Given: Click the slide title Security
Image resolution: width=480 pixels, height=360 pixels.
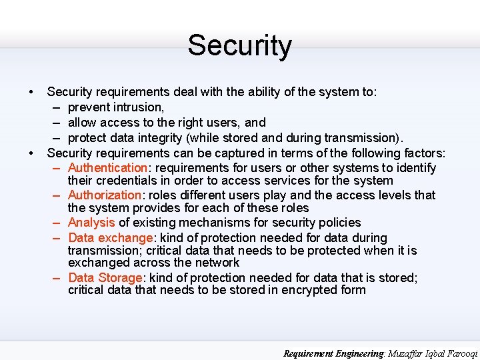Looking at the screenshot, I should (239, 46).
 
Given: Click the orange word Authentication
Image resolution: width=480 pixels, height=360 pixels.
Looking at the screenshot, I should (107, 168).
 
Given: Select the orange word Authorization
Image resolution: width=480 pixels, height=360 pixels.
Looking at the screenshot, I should (104, 195).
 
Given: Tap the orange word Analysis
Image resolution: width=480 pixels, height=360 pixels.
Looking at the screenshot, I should (91, 223).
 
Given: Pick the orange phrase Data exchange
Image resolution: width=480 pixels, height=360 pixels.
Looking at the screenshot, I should (110, 238).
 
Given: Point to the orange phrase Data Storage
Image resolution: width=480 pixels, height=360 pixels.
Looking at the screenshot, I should (105, 277).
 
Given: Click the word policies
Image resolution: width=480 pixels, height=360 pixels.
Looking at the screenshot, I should (337, 223).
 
